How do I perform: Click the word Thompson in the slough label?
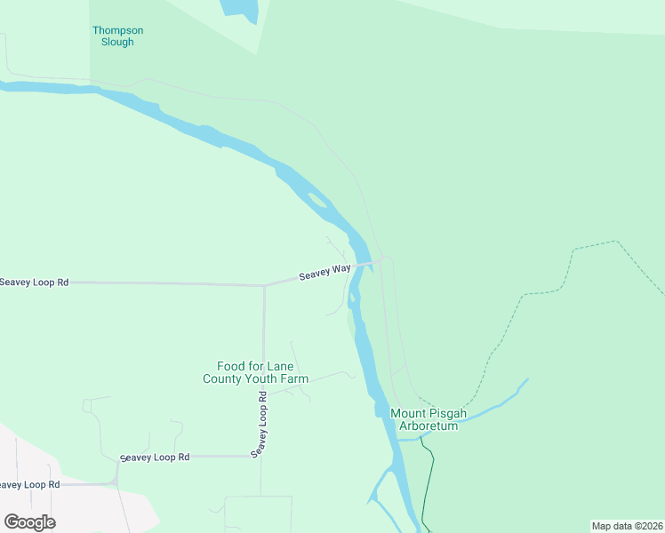point(117,30)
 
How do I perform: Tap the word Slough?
point(117,42)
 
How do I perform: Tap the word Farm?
point(295,378)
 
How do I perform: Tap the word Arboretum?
point(428,426)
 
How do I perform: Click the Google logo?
point(29,522)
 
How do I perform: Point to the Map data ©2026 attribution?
point(627,526)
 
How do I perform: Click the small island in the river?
point(316,199)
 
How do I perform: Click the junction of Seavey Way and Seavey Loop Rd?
point(264,285)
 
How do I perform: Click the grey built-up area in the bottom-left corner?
point(62,497)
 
